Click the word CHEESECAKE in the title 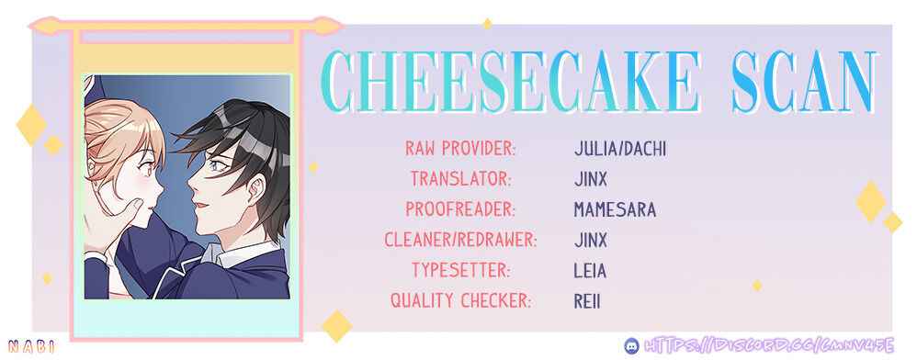pos(511,82)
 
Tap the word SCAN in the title pos(804,82)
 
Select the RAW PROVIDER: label pos(461,149)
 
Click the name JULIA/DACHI pos(620,149)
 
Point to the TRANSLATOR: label pos(461,179)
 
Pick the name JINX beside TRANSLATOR pos(591,179)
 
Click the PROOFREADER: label pos(461,209)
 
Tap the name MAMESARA pos(616,209)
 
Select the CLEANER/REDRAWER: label pos(461,240)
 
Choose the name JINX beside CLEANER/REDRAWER pos(591,240)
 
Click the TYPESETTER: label pos(461,271)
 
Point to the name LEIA pos(590,271)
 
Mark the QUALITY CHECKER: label pos(461,301)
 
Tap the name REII pos(587,301)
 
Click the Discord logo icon pos(631,345)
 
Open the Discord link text pos(769,344)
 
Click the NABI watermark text pos(32,346)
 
